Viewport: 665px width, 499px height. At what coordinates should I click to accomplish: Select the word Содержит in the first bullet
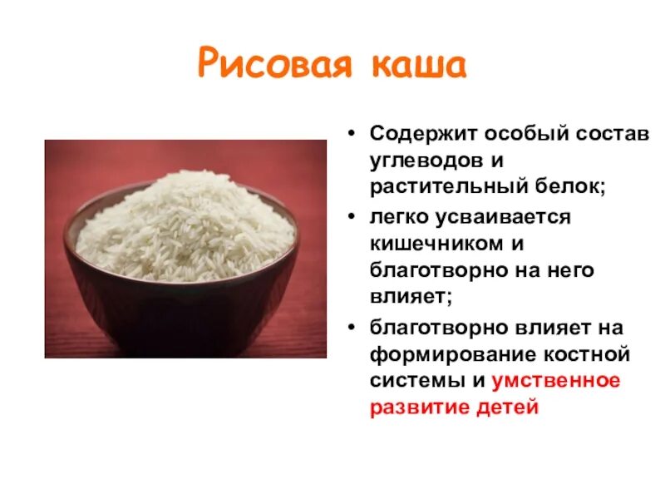419,134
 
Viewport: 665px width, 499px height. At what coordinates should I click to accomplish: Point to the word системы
411,382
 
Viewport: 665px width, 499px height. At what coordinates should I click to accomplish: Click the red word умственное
556,382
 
